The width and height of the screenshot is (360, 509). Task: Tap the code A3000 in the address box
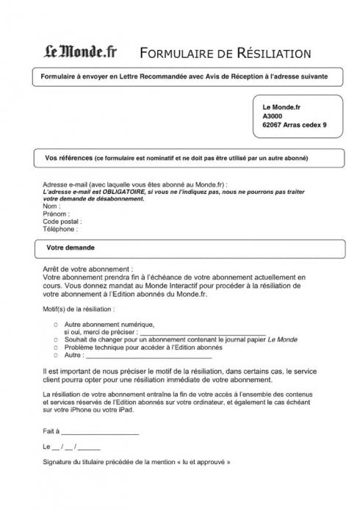click(272, 116)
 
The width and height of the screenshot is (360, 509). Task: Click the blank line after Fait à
click(99, 432)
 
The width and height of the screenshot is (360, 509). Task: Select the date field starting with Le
click(72, 446)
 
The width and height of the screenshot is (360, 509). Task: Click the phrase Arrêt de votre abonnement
click(88, 270)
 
